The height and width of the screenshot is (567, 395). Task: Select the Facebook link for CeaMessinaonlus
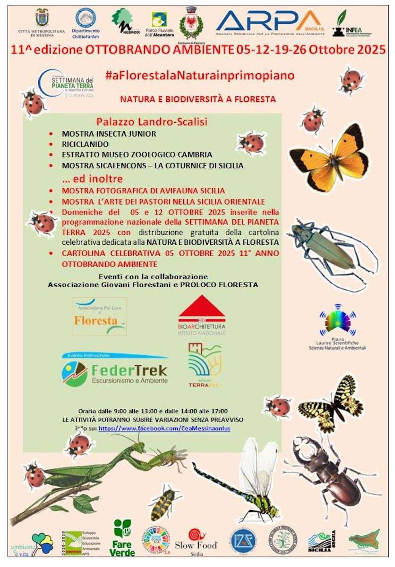pyautogui.click(x=164, y=428)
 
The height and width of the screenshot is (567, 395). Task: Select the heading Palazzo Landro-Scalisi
pyautogui.click(x=152, y=122)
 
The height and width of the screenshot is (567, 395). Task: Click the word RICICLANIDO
pyautogui.click(x=85, y=144)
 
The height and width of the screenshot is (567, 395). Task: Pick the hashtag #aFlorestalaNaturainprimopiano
pyautogui.click(x=200, y=75)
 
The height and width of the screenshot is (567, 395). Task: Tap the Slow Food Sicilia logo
pyautogui.click(x=196, y=541)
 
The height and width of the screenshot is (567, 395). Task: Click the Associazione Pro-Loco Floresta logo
pyautogui.click(x=99, y=316)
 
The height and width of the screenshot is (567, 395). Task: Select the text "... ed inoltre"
pyautogui.click(x=93, y=179)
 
